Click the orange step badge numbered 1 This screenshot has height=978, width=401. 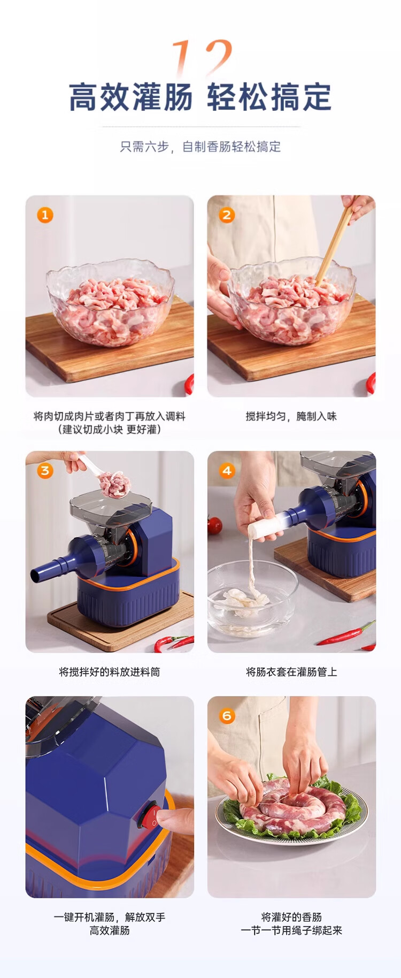coord(45,215)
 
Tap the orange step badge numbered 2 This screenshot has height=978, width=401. coord(227,215)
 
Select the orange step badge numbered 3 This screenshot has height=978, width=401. coord(45,471)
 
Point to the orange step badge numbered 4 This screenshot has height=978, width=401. coord(227,471)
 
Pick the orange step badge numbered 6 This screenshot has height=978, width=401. coord(227,716)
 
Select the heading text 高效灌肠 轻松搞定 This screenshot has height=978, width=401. coord(200,97)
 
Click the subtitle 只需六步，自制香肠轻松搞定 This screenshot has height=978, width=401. coord(200,147)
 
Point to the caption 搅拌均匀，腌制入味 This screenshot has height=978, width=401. coord(291,416)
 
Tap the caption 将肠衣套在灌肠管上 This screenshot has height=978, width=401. coord(291,672)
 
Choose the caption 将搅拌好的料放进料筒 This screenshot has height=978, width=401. coord(110,672)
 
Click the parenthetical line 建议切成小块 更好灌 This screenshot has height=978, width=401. coord(110,429)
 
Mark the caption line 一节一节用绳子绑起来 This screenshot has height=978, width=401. coord(291,930)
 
